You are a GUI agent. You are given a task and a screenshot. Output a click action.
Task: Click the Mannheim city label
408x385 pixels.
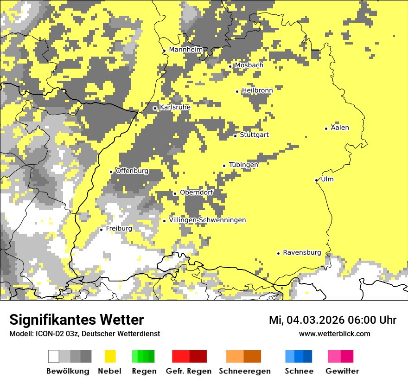[x=185, y=50]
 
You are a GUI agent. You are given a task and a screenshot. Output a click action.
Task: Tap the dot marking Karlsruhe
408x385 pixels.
[x=155, y=108]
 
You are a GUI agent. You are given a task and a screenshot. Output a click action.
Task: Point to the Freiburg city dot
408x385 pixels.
[x=101, y=230]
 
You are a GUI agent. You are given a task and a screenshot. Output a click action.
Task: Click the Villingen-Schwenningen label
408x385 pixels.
[x=207, y=220]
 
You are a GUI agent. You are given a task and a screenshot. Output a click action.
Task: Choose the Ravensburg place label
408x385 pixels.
[x=302, y=252]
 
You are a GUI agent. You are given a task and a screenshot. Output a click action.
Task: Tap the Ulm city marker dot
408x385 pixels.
[x=316, y=180]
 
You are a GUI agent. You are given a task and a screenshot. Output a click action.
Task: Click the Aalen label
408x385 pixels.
[x=340, y=128]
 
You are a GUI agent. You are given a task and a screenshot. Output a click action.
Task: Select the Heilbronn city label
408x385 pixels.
[x=257, y=90]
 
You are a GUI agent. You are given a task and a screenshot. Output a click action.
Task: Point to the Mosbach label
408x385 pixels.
[x=249, y=65]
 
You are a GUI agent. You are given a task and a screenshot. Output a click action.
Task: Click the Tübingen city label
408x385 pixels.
[x=243, y=165]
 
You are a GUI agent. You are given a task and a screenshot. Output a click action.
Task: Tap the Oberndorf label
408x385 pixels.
[x=196, y=192]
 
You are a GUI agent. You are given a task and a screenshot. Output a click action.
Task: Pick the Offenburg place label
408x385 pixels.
[x=132, y=171]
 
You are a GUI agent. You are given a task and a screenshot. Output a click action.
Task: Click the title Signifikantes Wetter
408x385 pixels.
[x=76, y=320]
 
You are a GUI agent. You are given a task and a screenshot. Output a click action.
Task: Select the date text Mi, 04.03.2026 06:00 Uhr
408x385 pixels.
[x=332, y=320]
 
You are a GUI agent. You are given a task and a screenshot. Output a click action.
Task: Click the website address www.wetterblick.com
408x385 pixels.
[x=334, y=334]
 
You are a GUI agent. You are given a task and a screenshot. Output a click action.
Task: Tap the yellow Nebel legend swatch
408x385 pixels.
[x=110, y=356]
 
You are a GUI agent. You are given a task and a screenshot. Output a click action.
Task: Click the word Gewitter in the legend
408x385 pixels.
[x=342, y=371]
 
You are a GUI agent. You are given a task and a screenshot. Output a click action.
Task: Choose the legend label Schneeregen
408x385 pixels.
[x=244, y=371]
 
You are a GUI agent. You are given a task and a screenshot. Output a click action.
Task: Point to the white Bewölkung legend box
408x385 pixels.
[x=54, y=356]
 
